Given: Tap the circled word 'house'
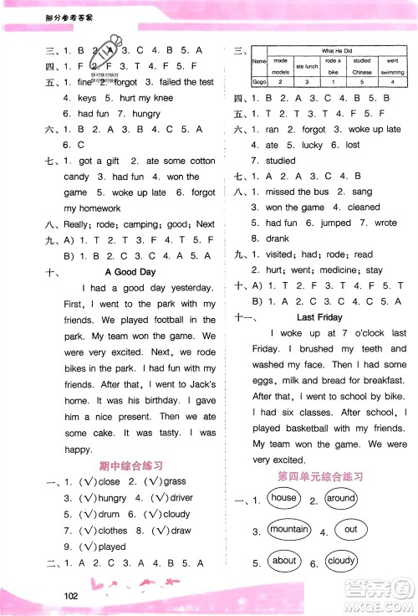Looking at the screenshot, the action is (284, 498).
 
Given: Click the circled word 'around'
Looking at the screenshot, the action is (341, 498).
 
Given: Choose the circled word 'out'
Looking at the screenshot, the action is (350, 530).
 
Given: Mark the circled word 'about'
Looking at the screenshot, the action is (284, 562).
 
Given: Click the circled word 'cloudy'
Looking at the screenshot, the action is (342, 562).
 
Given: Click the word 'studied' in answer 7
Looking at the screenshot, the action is (280, 160).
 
